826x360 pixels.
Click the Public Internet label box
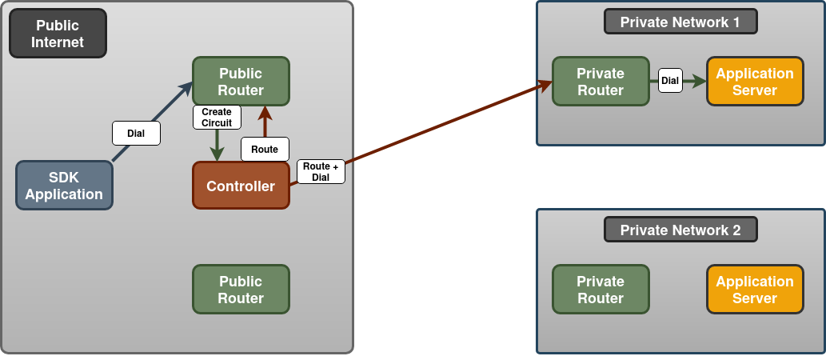pos(58,34)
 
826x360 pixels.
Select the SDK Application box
pos(64,186)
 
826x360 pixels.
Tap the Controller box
pos(241,186)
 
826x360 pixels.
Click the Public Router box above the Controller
pos(241,82)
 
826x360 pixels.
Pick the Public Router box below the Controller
pos(241,290)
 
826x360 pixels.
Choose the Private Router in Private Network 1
pos(601,82)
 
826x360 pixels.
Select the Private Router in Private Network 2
pos(601,290)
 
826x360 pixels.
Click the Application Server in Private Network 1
pos(755,82)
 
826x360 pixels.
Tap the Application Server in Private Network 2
pos(755,290)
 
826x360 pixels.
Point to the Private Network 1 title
pos(680,22)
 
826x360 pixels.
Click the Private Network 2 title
pos(680,230)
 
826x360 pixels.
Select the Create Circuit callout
pos(217,118)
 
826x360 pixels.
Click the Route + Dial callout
pos(321,172)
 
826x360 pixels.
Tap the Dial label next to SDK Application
pos(136,134)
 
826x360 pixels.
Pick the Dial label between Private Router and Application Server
pos(670,81)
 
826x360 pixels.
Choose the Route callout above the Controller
pos(265,150)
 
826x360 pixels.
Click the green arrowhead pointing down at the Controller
pos(217,154)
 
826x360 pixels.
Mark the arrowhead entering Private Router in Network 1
pos(546,83)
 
